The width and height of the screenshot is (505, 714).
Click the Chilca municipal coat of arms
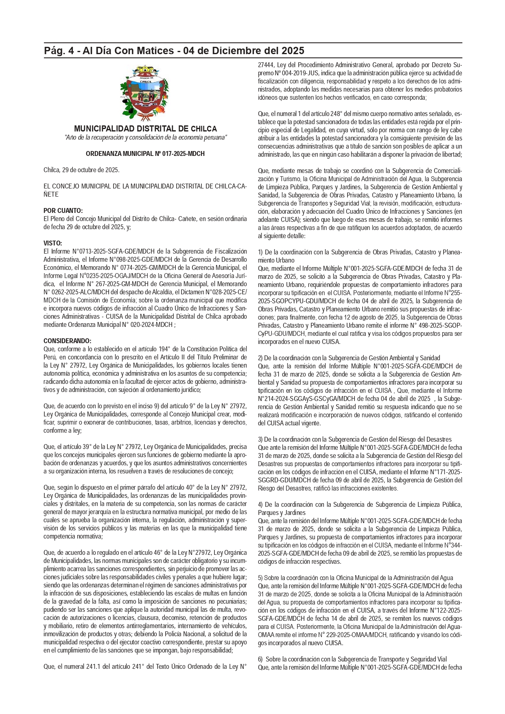click(x=144, y=93)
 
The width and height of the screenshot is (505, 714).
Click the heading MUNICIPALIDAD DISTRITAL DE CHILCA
click(x=145, y=129)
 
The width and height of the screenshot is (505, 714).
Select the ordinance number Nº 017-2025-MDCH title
click(x=145, y=154)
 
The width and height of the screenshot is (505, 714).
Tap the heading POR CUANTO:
click(x=63, y=211)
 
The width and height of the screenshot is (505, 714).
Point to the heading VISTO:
click(x=52, y=243)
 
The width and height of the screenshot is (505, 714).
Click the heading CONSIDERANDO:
click(x=68, y=341)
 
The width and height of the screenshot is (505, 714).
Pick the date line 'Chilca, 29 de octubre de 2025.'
click(x=81, y=170)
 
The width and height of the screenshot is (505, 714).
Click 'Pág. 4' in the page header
click(x=61, y=51)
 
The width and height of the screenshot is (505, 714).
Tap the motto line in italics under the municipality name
click(x=145, y=138)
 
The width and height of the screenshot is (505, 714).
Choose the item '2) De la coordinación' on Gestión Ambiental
click(x=349, y=358)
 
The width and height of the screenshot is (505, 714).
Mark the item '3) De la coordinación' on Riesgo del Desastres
click(x=354, y=440)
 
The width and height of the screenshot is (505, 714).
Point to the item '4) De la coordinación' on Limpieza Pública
click(x=360, y=505)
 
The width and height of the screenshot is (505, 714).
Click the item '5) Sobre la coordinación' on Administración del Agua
click(x=355, y=578)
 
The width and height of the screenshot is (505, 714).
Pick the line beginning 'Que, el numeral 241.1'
click(x=145, y=667)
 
